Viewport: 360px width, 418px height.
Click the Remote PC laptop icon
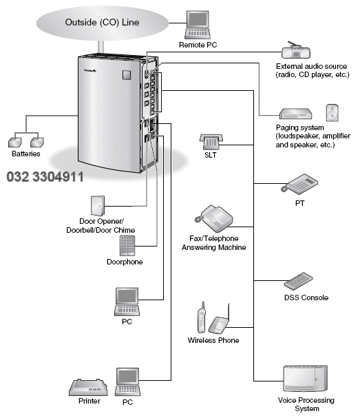(x=198, y=25)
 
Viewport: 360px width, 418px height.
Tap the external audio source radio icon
(x=296, y=50)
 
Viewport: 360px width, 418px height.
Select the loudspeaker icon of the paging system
(x=332, y=113)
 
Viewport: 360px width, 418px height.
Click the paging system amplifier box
(x=295, y=114)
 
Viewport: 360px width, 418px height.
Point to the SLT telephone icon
(x=211, y=142)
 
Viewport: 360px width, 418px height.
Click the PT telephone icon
(x=299, y=184)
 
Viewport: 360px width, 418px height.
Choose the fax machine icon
(x=213, y=218)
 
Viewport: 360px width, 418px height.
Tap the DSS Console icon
(x=298, y=281)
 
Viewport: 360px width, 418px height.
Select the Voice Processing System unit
(x=305, y=379)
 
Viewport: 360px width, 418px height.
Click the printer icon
(x=89, y=387)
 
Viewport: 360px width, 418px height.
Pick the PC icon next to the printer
(x=127, y=382)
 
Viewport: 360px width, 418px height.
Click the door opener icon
(x=98, y=206)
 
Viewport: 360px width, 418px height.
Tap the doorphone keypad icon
(x=127, y=246)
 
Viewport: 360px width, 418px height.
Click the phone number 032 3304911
(x=45, y=177)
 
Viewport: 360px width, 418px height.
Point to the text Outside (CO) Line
(x=102, y=22)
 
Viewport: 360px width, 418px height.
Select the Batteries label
(x=26, y=154)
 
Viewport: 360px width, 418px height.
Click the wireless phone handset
(x=202, y=317)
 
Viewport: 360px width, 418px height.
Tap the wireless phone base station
(x=219, y=322)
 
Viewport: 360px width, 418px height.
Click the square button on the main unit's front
(x=127, y=75)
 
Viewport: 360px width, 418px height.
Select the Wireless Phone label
(x=213, y=340)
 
